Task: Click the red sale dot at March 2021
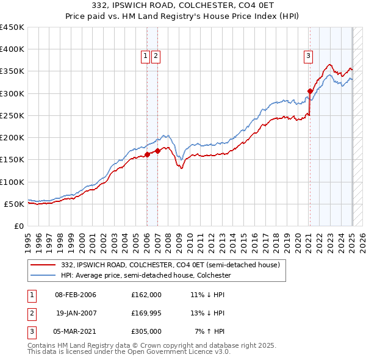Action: [310, 92]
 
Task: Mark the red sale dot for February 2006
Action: [147, 154]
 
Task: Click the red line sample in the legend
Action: [44, 265]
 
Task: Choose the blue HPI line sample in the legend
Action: [44, 275]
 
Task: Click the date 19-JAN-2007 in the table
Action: [76, 313]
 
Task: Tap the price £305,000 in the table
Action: [146, 331]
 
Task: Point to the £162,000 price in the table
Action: [146, 295]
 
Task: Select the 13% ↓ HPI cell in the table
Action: [207, 313]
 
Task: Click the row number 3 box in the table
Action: [31, 331]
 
